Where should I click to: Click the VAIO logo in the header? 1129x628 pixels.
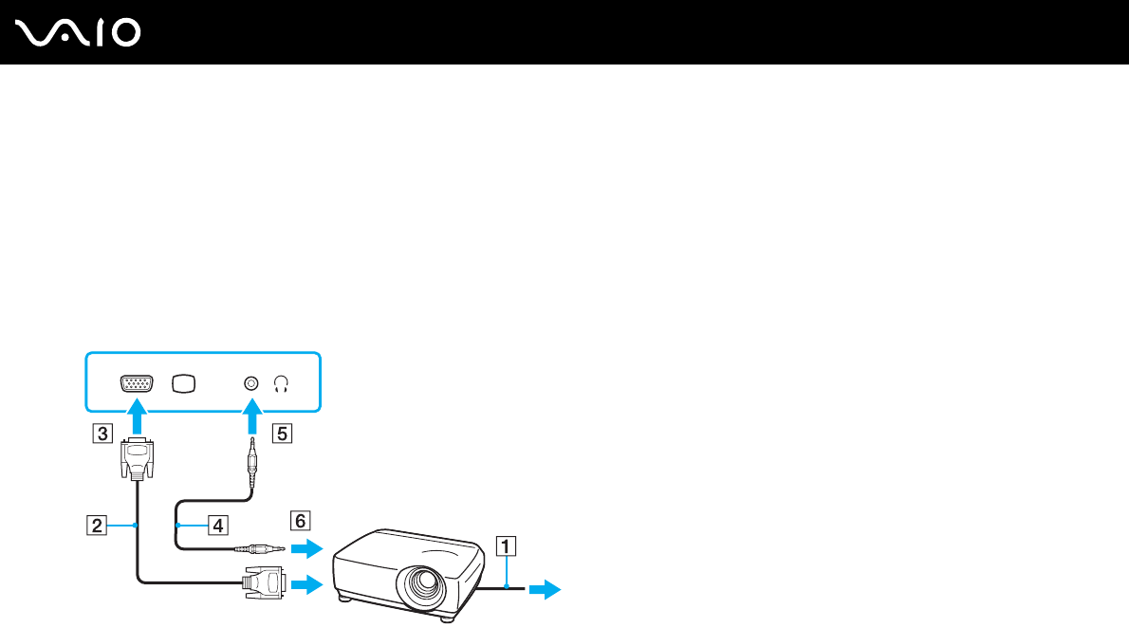pos(79,33)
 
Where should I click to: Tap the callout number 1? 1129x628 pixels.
pos(508,545)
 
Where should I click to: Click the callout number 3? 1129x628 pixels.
pos(100,434)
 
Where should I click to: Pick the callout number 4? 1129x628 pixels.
pos(218,525)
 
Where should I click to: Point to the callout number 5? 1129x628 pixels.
pos(280,434)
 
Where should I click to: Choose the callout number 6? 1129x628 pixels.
pos(300,520)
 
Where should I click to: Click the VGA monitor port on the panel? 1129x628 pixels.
pos(137,384)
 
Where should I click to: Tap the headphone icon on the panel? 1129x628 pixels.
pos(281,384)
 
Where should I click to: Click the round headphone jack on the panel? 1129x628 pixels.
pos(250,383)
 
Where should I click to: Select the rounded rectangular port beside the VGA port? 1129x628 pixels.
pos(184,383)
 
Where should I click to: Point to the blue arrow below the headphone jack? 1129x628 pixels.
pos(250,416)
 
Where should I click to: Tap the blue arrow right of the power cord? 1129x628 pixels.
pos(544,590)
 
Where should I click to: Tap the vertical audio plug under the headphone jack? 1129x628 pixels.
pos(251,464)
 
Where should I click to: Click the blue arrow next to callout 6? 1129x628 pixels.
pos(308,548)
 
